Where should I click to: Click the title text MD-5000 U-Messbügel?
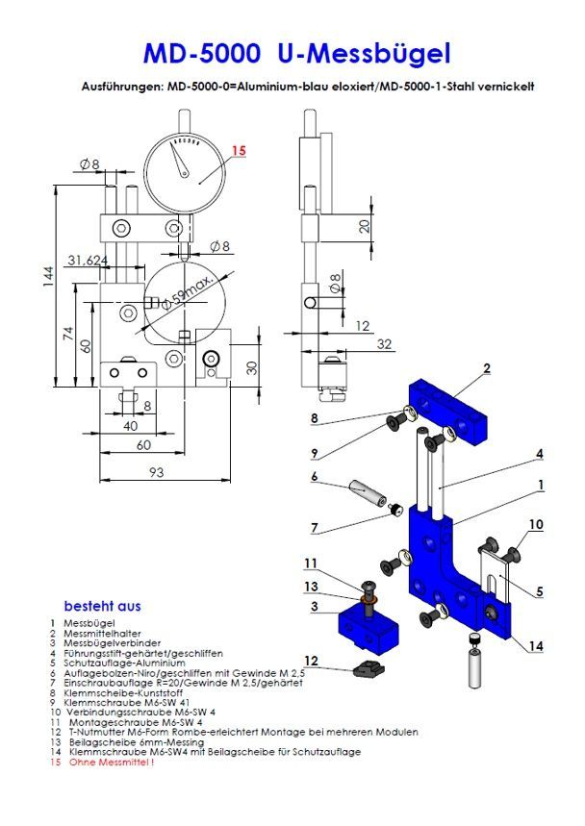[x=295, y=52]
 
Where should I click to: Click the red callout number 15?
[x=239, y=150]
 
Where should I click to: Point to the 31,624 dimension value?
[x=89, y=261]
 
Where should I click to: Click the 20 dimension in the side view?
[x=363, y=226]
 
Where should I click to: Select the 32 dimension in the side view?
[x=385, y=343]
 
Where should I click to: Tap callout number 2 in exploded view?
[x=488, y=368]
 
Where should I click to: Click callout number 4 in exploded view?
[x=540, y=453]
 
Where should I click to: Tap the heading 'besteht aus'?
[x=102, y=606]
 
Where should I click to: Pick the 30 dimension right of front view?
[x=251, y=367]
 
